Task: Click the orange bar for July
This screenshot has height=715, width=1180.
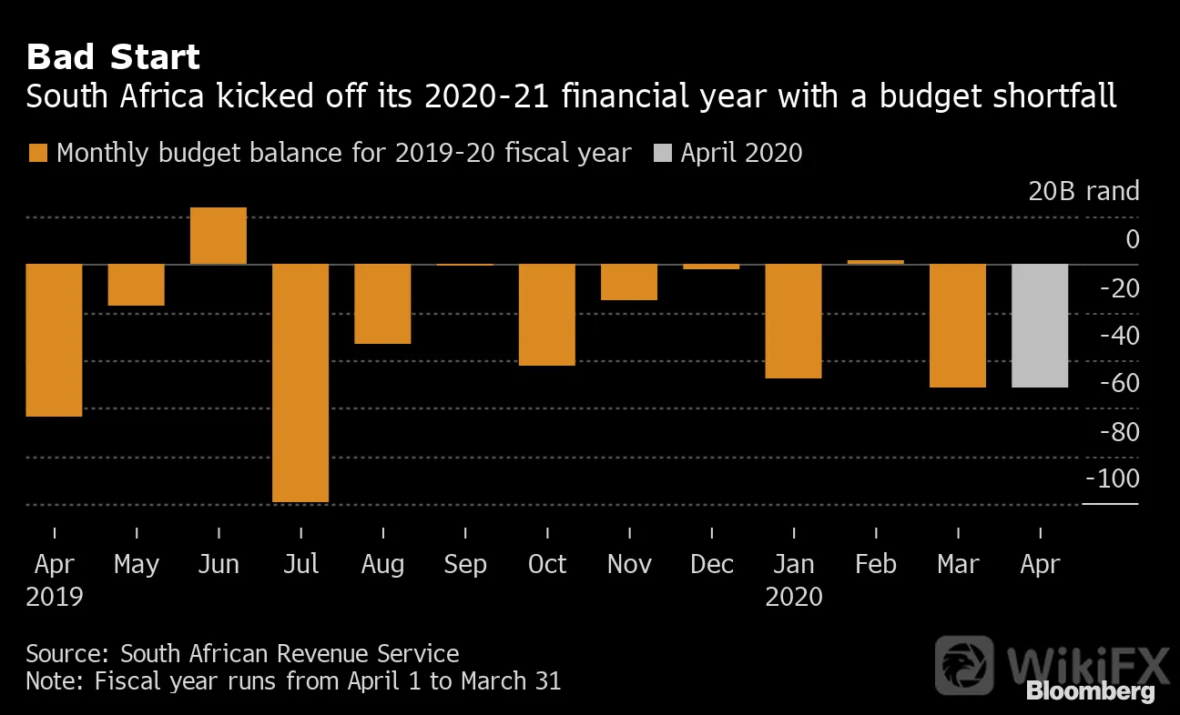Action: [300, 383]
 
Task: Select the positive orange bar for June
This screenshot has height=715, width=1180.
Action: [219, 236]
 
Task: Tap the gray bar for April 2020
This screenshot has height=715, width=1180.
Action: [1040, 326]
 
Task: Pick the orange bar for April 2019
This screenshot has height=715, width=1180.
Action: [54, 340]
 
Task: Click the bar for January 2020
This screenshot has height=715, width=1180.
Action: [793, 321]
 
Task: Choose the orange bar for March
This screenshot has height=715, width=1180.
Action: [958, 326]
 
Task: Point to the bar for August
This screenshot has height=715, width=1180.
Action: [382, 304]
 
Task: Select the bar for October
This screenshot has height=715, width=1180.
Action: [547, 315]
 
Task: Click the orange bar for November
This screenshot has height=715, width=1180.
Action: [629, 282]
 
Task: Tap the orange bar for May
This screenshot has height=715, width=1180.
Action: [136, 285]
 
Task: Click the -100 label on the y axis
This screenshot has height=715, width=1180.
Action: [1113, 478]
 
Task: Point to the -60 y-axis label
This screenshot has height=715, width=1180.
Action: [1120, 383]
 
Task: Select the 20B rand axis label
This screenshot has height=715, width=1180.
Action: [1083, 190]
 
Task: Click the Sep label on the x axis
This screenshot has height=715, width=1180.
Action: [465, 565]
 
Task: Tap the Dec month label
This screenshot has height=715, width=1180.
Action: [712, 564]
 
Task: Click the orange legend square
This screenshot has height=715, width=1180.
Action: [38, 153]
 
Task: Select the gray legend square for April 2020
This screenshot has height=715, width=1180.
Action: [663, 153]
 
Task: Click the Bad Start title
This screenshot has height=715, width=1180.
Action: [113, 56]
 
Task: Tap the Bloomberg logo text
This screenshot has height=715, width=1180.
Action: [1091, 690]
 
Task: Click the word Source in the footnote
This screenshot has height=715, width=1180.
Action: [66, 654]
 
